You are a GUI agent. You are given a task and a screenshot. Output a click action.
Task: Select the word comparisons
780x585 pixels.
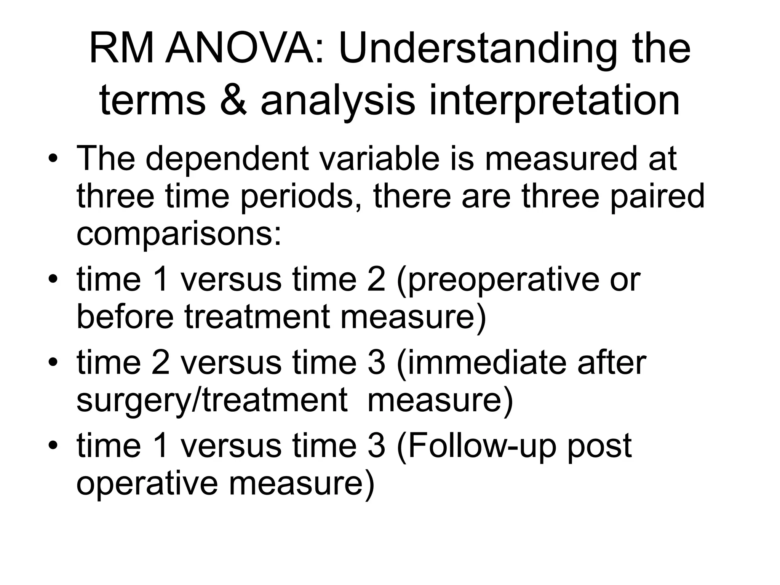(179, 234)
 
